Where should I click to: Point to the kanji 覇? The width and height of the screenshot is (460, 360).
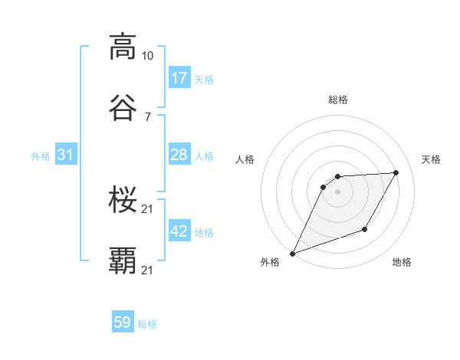pyautogui.click(x=123, y=261)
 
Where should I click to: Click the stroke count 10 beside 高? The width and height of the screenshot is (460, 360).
pyautogui.click(x=148, y=56)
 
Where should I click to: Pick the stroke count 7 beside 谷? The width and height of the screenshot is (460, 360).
pyautogui.click(x=147, y=116)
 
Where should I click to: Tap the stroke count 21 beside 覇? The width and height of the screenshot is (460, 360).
pyautogui.click(x=148, y=270)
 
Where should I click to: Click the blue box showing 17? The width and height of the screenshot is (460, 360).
pyautogui.click(x=179, y=78)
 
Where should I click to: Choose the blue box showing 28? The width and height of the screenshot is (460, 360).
pyautogui.click(x=179, y=155)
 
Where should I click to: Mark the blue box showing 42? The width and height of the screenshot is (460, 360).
pyautogui.click(x=179, y=231)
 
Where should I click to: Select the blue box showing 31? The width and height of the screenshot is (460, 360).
pyautogui.click(x=66, y=155)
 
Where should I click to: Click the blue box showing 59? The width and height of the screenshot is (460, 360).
pyautogui.click(x=123, y=322)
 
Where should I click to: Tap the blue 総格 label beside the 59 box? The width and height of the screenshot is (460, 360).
pyautogui.click(x=147, y=324)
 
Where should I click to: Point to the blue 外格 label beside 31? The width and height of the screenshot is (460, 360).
pyautogui.click(x=41, y=156)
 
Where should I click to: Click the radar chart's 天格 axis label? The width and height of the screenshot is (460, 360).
pyautogui.click(x=431, y=159)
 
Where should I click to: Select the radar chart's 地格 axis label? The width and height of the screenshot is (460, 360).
pyautogui.click(x=402, y=263)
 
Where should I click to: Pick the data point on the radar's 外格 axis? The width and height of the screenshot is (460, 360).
pyautogui.click(x=292, y=253)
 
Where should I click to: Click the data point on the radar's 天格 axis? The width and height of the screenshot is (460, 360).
pyautogui.click(x=396, y=173)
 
